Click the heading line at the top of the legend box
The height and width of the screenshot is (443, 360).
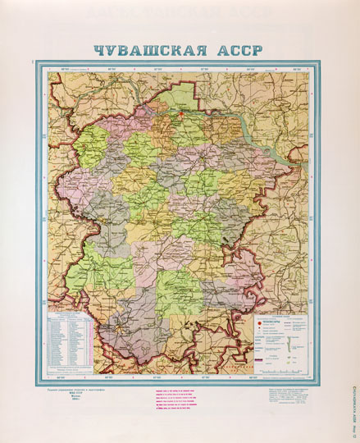tap(278, 315)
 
